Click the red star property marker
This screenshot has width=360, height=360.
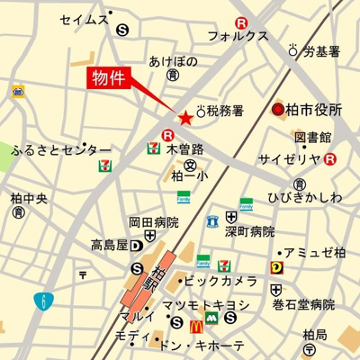point(185,117)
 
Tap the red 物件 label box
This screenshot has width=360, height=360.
point(110,78)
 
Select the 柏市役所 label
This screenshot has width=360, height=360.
point(318,111)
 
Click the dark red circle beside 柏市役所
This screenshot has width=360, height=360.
point(279,111)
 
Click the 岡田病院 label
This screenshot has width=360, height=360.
point(153,222)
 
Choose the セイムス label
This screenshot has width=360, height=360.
point(83,19)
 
